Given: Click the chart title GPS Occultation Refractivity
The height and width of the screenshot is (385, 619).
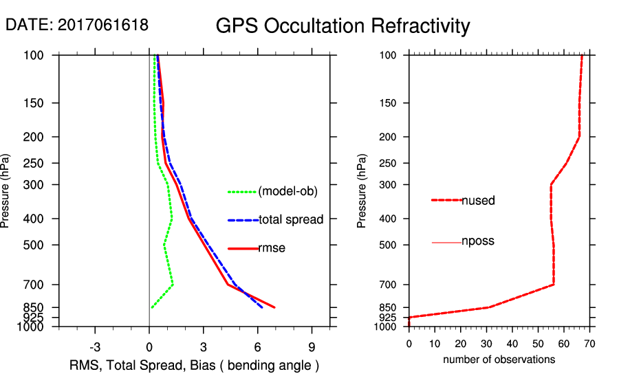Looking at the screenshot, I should [343, 26].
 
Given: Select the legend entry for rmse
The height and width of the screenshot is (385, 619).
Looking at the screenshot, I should [272, 248].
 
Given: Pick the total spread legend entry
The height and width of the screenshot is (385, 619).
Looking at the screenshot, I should [291, 220].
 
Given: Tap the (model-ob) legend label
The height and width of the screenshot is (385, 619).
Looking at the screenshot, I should [288, 192].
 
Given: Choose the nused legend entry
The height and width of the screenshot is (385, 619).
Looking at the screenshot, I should [478, 201].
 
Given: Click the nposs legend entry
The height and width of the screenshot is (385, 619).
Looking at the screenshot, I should [478, 241].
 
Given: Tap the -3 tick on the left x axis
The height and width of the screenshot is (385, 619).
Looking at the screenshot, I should [96, 346].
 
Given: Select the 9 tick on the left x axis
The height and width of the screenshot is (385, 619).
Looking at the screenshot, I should [312, 346].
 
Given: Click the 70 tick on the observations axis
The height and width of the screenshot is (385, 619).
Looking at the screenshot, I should [589, 343].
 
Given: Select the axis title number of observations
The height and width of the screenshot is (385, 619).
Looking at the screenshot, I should [499, 359].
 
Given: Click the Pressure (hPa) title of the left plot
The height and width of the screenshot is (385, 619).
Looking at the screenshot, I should [6, 190].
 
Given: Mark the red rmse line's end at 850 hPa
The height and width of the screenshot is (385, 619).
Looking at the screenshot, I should [275, 307].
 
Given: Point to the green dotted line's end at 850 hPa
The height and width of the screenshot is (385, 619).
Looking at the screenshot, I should [151, 307].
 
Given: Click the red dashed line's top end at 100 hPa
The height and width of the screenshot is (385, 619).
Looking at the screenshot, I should [582, 56].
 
